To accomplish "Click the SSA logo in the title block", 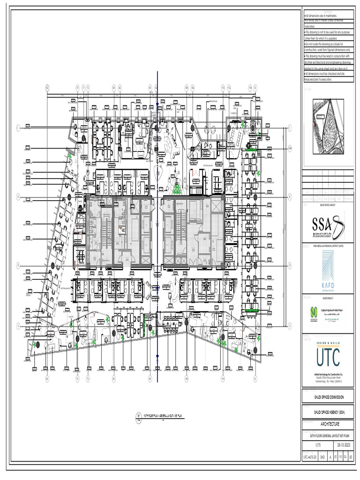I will click(x=328, y=225).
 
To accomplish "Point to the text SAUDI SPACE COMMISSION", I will click(x=328, y=397).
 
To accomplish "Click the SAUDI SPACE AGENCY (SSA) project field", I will click(x=328, y=412).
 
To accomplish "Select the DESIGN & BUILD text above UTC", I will click(x=328, y=343).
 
